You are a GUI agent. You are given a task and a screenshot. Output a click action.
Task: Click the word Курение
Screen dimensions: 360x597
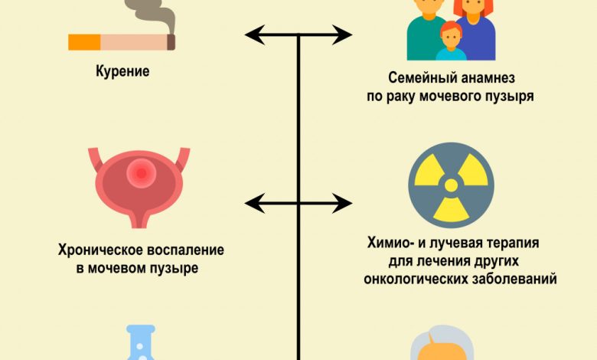click(x=122, y=72)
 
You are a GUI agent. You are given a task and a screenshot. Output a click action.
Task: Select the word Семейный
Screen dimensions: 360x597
click(x=421, y=79)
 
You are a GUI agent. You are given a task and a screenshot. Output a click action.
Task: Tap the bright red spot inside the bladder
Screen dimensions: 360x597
click(x=140, y=174)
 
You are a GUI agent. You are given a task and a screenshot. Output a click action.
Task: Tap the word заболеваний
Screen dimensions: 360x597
click(x=515, y=278)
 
